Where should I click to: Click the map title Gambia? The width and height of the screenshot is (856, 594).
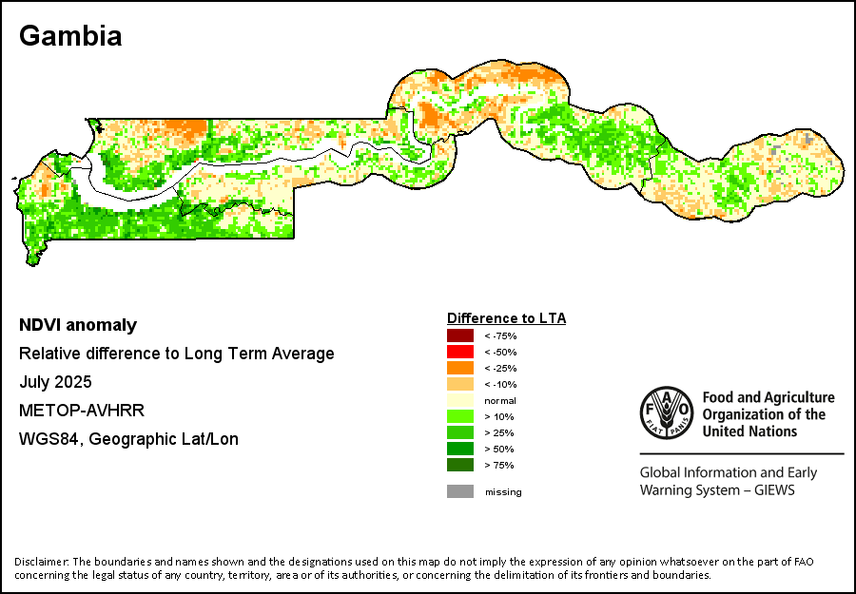(x=70, y=36)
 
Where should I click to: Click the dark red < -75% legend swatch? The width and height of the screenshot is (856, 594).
(x=460, y=335)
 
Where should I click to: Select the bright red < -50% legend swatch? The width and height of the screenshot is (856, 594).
(x=460, y=352)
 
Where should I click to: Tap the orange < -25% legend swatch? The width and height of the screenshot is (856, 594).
(x=460, y=368)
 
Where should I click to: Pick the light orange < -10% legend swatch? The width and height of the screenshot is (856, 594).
(x=460, y=384)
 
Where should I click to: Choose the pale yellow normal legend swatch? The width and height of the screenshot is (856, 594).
(x=460, y=400)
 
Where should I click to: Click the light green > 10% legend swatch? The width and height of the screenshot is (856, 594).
(x=460, y=416)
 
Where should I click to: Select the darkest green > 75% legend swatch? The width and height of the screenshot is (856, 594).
(x=460, y=465)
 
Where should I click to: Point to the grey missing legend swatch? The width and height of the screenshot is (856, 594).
(x=460, y=491)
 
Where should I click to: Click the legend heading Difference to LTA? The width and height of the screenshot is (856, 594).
(x=506, y=318)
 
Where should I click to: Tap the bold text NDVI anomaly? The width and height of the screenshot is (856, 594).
(x=78, y=325)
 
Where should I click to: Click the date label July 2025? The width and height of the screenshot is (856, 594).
(x=55, y=382)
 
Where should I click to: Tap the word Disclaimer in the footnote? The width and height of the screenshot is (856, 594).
(x=41, y=562)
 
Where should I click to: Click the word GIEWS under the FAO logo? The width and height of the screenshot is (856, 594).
(x=771, y=490)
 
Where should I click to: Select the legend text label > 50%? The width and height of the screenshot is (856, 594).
(x=498, y=449)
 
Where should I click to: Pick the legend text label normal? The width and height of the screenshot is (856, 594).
(x=500, y=400)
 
